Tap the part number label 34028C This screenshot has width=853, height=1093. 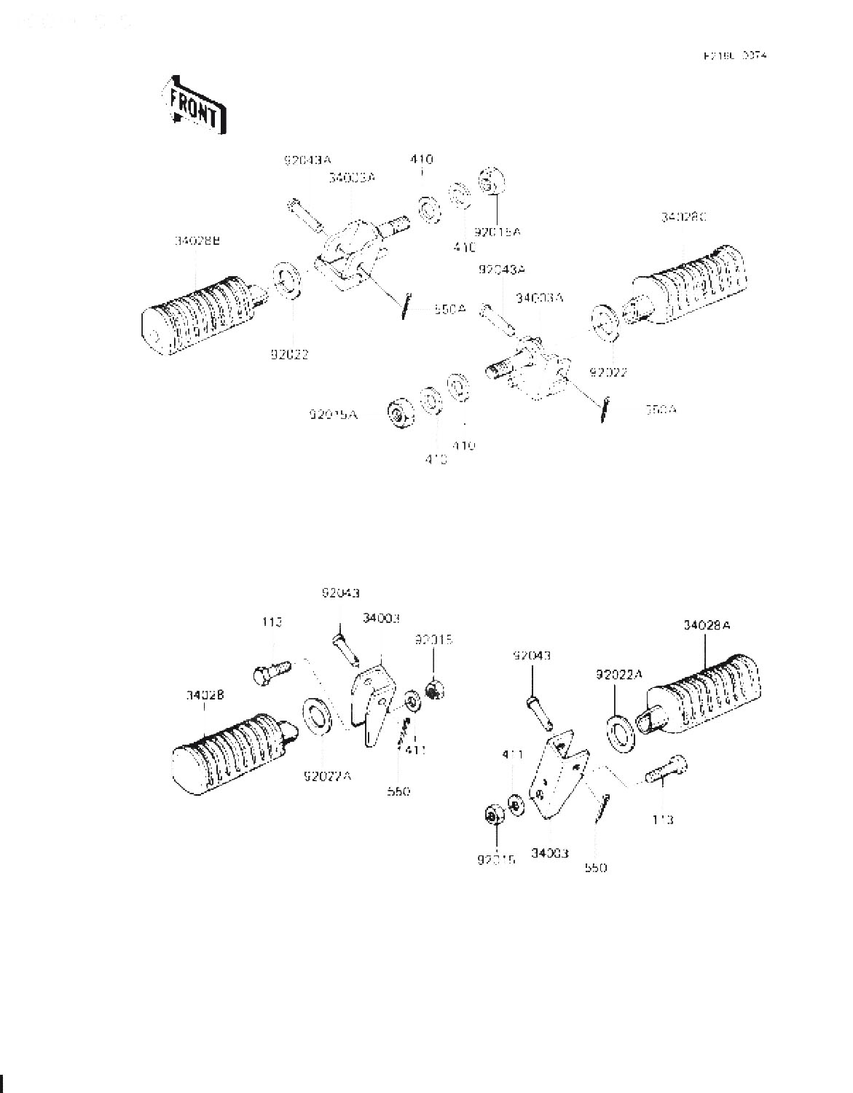685,217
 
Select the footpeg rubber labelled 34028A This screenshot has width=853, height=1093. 703,694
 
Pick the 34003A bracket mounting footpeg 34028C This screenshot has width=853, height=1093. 535,368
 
